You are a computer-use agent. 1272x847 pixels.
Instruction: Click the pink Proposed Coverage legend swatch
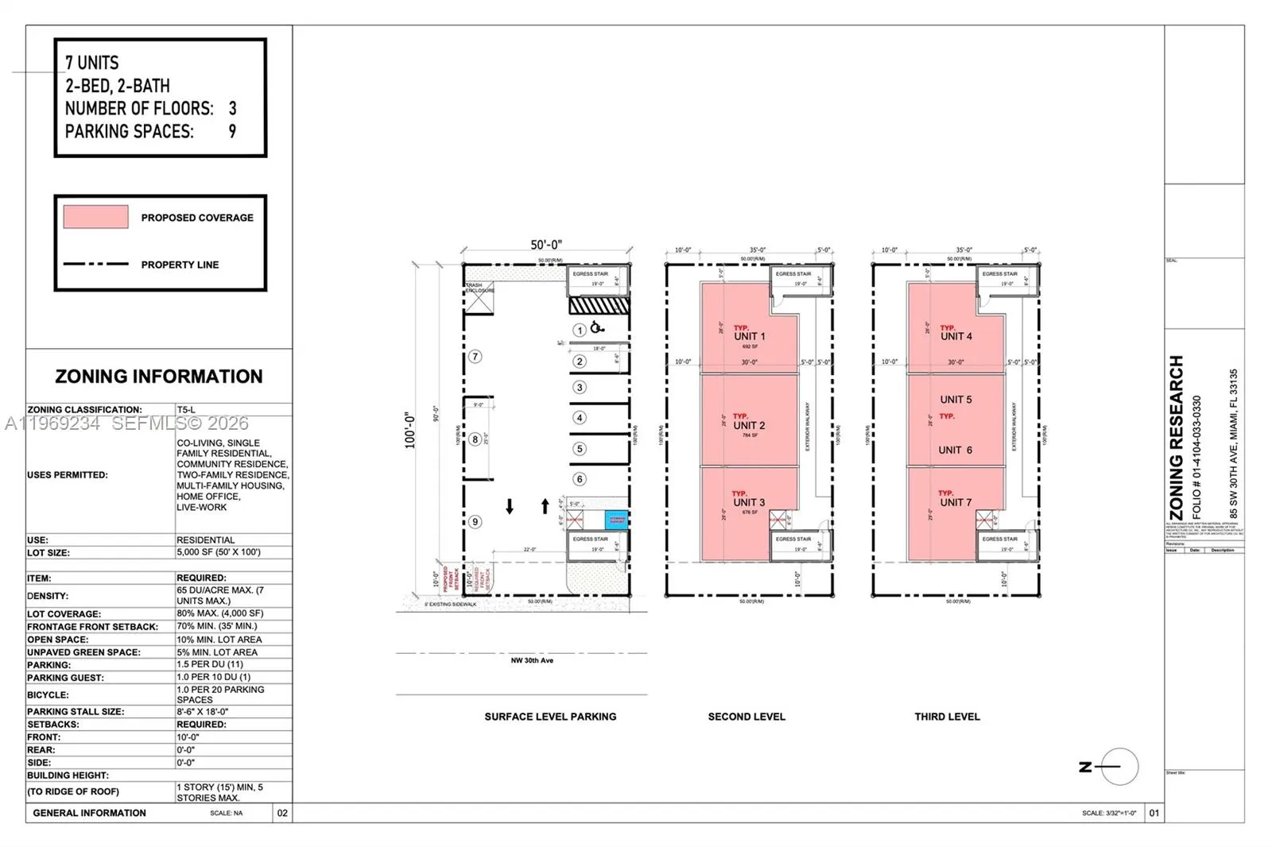pos(95,217)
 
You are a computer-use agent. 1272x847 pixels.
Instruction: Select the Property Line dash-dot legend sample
pos(95,264)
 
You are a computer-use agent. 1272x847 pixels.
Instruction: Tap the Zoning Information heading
pos(159,377)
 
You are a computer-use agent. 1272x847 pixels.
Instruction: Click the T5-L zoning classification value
pos(186,410)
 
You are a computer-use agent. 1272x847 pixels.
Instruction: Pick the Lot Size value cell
pos(218,552)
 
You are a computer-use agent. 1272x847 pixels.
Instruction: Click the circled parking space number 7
pos(475,357)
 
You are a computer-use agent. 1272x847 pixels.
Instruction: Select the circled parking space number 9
pos(475,522)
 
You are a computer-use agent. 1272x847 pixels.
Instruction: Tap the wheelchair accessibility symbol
pos(597,327)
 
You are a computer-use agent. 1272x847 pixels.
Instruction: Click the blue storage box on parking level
pos(617,520)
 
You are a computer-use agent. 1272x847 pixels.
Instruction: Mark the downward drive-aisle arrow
pos(510,506)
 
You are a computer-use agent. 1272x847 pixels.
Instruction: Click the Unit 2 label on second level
pos(749,426)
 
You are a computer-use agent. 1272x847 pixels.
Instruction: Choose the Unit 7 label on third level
pos(956,502)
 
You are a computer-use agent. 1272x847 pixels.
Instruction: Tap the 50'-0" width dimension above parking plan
pos(546,245)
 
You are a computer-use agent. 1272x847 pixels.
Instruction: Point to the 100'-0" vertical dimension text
pos(410,430)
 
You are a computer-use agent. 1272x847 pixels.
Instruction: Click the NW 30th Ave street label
pos(532,660)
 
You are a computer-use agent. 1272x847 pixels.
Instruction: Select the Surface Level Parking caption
pos(550,717)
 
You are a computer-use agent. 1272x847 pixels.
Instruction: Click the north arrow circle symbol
pos(1119,767)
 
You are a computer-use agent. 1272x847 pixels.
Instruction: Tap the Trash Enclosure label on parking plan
pos(479,288)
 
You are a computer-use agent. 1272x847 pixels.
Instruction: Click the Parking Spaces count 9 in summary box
pos(232,131)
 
